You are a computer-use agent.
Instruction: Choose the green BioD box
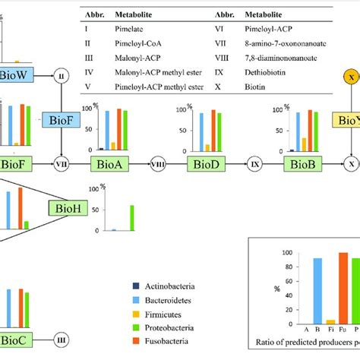[207, 163]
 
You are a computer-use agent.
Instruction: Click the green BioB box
[298, 163]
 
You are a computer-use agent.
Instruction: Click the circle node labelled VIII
[159, 163]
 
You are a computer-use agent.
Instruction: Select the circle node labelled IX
[254, 163]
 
